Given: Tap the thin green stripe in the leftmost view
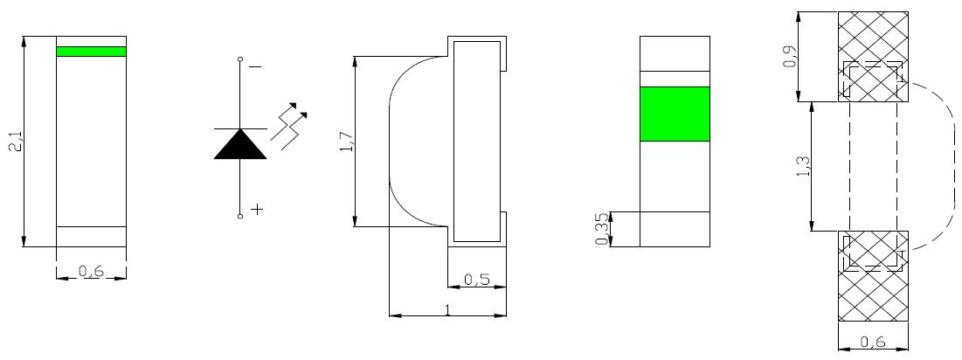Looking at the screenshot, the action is click(92, 52).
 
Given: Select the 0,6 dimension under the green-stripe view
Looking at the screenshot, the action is click(91, 271).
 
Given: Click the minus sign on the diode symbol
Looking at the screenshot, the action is click(256, 66).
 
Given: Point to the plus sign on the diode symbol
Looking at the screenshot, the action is click(257, 209).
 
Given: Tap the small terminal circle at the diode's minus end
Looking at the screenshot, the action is click(240, 60).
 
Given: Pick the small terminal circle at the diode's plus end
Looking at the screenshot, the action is click(240, 215).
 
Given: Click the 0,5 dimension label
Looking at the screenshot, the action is click(477, 280).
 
